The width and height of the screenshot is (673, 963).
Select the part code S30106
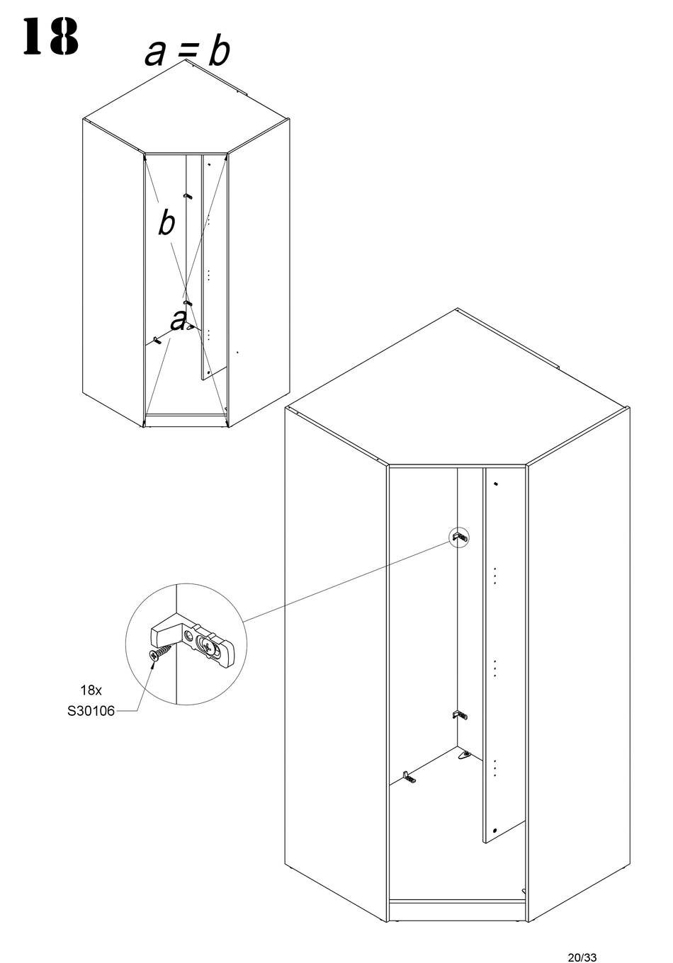click(91, 712)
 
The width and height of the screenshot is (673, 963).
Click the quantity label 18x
click(91, 690)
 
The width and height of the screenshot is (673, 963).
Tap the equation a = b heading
click(187, 52)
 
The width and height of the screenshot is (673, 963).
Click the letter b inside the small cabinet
click(166, 223)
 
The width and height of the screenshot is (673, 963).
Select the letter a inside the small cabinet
click(179, 321)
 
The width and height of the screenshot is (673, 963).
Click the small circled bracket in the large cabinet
click(460, 538)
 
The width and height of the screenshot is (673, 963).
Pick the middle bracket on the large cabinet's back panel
click(460, 715)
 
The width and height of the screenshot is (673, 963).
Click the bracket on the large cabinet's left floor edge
click(409, 777)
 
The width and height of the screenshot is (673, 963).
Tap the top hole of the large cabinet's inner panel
click(494, 484)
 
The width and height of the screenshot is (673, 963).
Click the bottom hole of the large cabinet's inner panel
click(494, 830)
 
